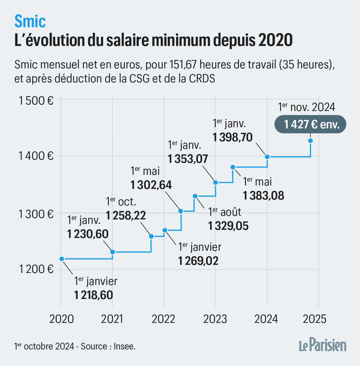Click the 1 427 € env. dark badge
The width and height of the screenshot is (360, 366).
click(x=311, y=123)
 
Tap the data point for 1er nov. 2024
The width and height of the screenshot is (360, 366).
click(x=311, y=141)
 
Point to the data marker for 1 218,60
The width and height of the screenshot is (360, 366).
click(x=61, y=259)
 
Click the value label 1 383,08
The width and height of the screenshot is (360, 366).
click(x=263, y=195)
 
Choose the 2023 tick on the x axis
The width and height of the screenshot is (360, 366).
click(x=215, y=319)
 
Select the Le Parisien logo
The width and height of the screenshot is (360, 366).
click(x=322, y=346)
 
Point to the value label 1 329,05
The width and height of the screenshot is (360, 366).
click(x=228, y=226)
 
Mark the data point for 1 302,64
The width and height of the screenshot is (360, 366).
click(x=181, y=211)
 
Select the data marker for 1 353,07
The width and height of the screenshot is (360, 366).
click(x=215, y=182)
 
